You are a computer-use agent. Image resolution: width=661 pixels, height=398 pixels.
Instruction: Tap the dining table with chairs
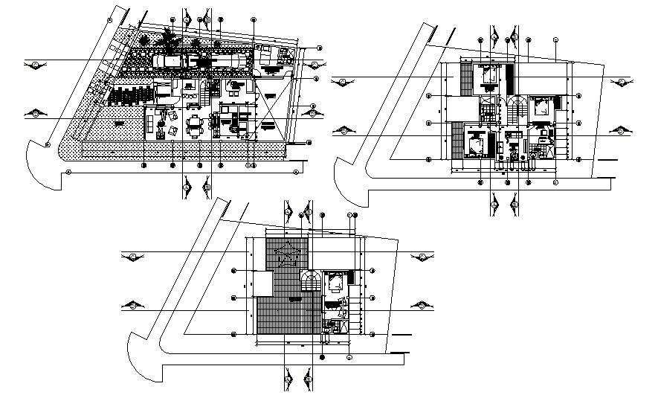(x=195, y=123)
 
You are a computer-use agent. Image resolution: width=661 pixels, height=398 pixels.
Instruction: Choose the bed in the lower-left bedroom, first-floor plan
(x=474, y=143)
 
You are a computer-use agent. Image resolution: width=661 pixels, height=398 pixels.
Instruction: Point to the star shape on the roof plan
(x=286, y=256)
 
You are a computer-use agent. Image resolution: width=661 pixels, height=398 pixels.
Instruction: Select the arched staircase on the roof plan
(x=311, y=281)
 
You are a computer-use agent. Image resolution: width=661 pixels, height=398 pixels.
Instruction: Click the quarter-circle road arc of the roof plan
(x=141, y=355)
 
